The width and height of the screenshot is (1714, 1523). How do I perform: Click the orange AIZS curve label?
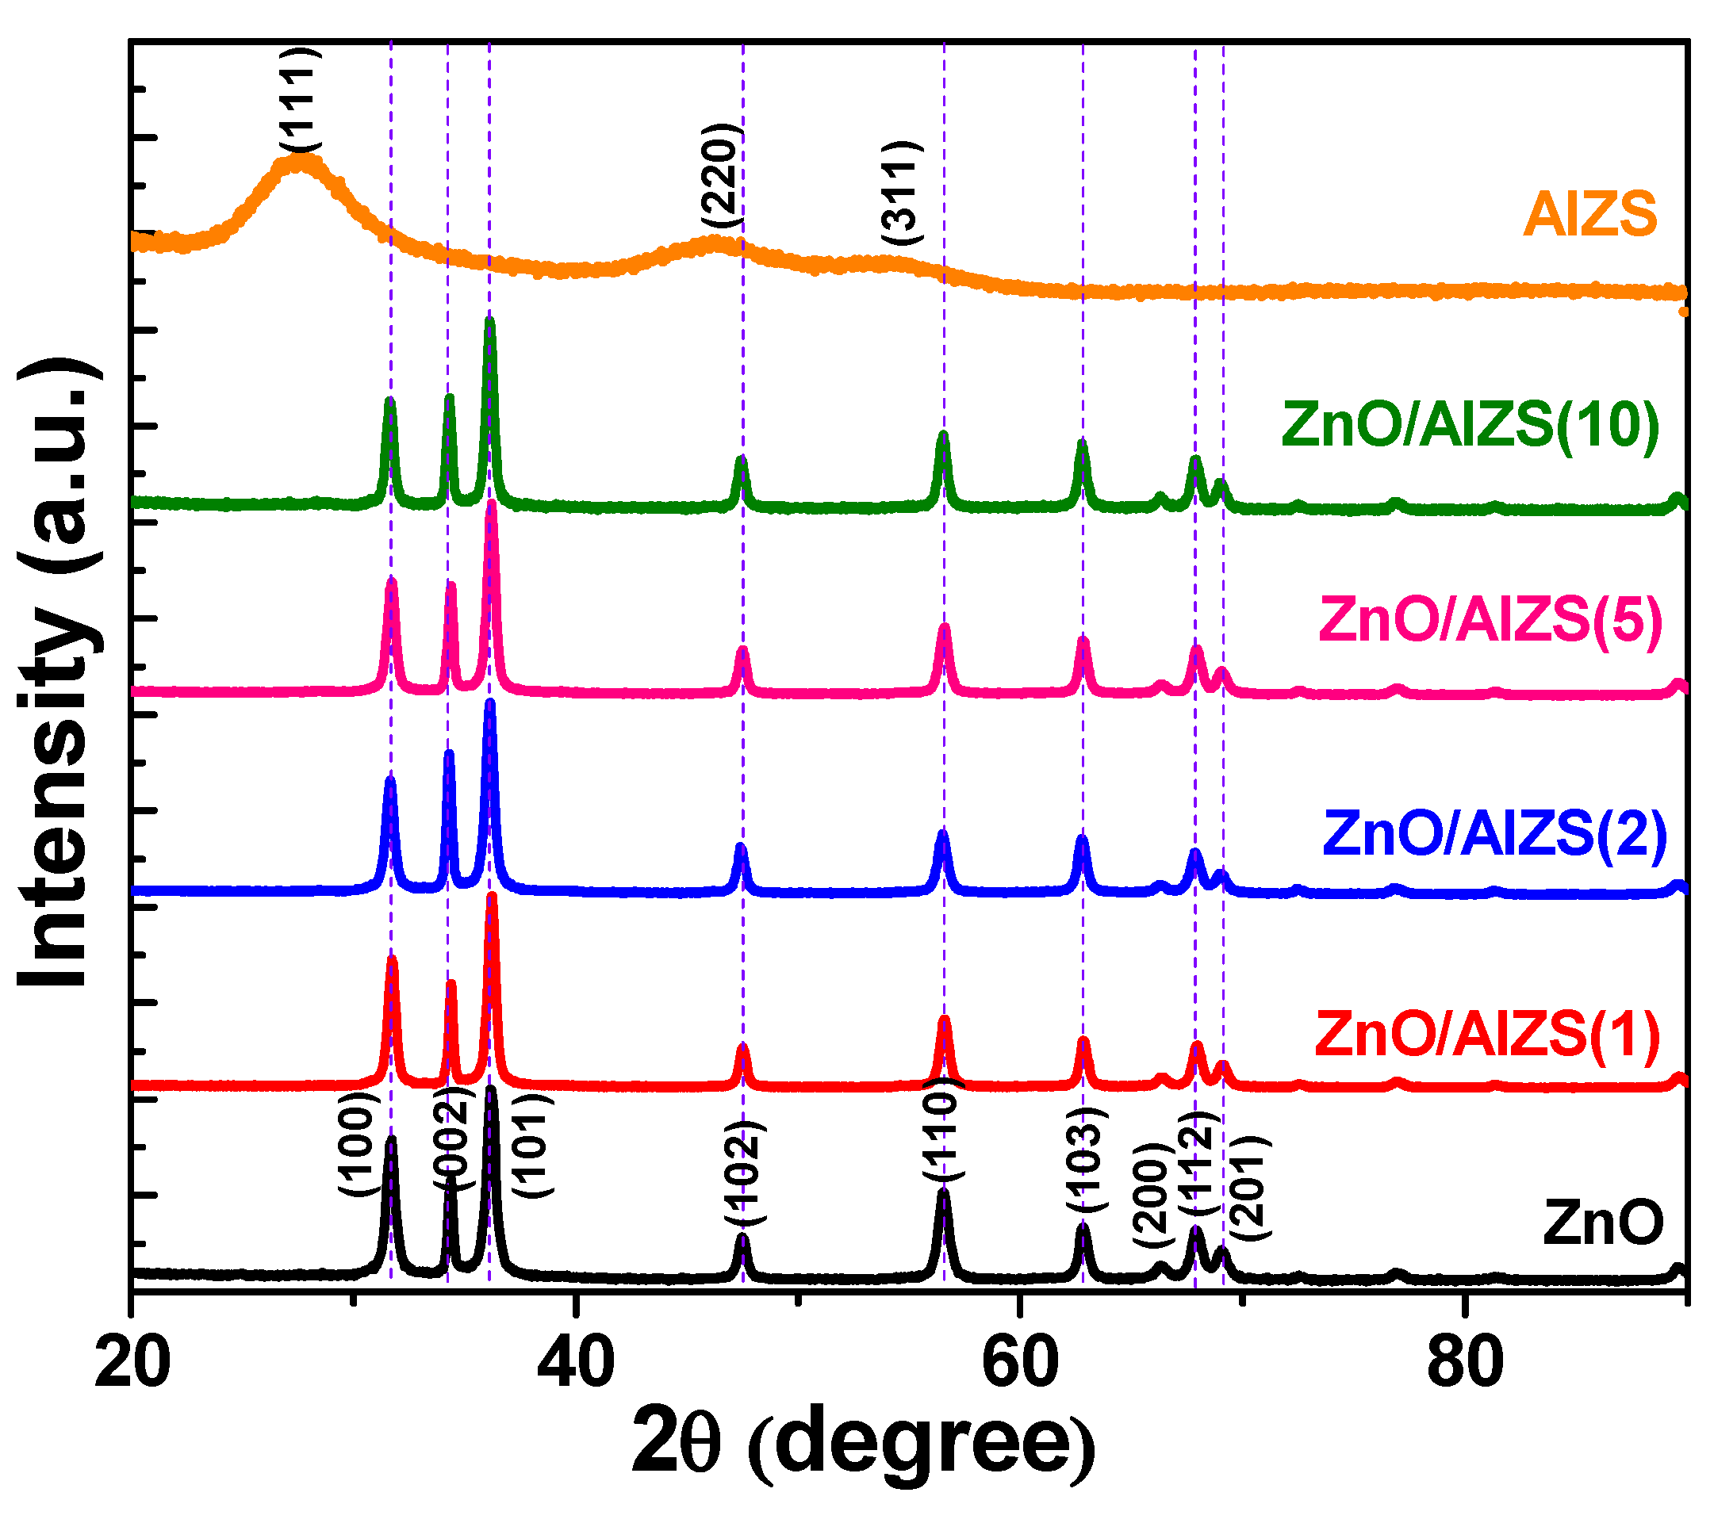(x=1590, y=214)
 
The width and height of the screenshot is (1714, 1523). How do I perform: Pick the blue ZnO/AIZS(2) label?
(x=1494, y=833)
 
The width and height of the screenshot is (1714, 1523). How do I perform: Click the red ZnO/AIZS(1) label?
(x=1486, y=1035)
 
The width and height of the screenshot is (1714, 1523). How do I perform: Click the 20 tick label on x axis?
(x=132, y=1363)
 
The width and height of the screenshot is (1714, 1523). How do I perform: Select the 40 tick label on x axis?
(x=574, y=1363)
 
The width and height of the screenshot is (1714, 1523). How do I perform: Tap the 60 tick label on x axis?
(x=1019, y=1363)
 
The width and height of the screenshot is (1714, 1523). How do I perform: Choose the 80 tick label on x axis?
(x=1464, y=1363)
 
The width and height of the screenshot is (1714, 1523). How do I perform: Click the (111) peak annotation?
(x=299, y=101)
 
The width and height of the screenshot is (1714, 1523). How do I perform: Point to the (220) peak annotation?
(x=721, y=176)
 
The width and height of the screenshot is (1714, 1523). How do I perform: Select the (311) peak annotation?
(x=903, y=193)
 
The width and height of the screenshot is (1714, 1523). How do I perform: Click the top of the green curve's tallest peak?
(x=489, y=321)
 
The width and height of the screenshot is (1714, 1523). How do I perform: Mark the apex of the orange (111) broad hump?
(x=298, y=159)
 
